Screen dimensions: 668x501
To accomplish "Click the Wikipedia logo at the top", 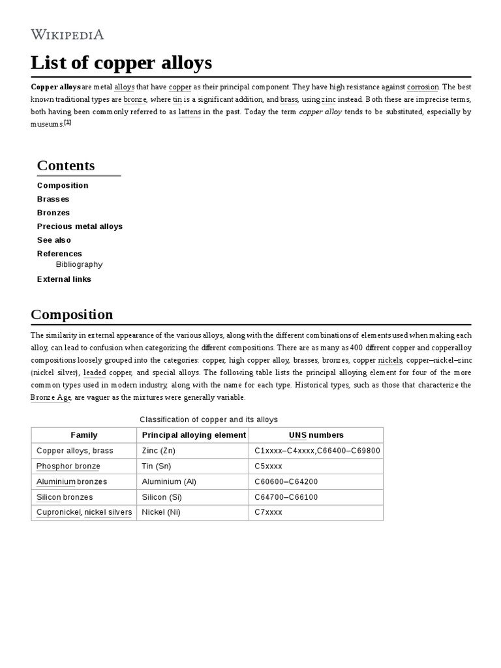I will [x=67, y=35].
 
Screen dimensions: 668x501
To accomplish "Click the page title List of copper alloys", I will [x=121, y=63].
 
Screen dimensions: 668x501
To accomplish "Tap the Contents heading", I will [x=66, y=166].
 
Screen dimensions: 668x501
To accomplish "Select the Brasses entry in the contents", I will [x=53, y=199].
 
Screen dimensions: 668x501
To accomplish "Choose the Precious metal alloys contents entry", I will [x=80, y=226].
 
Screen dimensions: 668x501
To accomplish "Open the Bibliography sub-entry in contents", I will [x=79, y=265].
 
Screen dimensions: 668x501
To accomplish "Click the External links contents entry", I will [x=64, y=279].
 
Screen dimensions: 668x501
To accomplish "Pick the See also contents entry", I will [x=54, y=240].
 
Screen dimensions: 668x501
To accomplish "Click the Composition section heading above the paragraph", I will [x=72, y=314].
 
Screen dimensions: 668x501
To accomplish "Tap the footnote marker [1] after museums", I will [x=67, y=122].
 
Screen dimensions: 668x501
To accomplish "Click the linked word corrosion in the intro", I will [x=423, y=87].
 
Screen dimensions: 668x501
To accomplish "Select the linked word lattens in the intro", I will [x=189, y=112].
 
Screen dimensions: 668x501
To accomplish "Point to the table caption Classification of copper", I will [x=209, y=419].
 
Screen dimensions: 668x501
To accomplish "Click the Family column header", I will [x=84, y=435].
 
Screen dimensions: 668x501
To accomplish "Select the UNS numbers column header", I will [x=316, y=435].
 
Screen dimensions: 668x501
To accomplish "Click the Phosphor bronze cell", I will [x=68, y=466].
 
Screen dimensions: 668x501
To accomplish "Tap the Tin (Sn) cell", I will [x=157, y=466].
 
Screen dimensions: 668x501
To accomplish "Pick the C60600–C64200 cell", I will [x=286, y=482].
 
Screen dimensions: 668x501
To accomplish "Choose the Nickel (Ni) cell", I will [x=161, y=513].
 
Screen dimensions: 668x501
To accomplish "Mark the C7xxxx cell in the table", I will [x=268, y=513].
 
